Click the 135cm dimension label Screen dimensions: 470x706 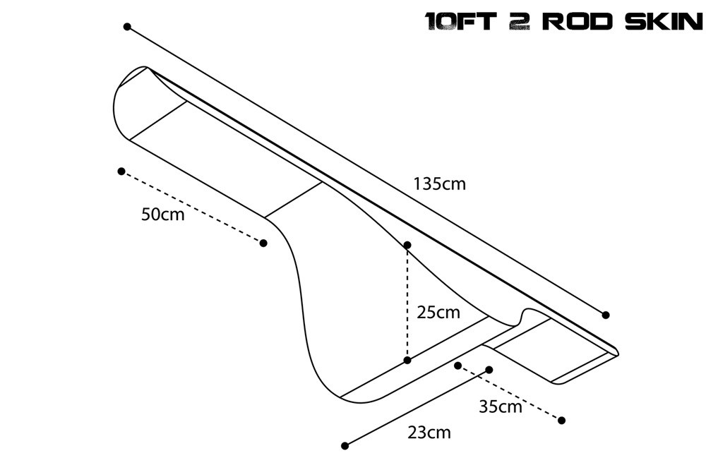pos(440,184)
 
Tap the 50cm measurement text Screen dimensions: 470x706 pos(162,215)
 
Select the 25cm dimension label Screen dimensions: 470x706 pos(438,312)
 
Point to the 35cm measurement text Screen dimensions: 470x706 pos(500,406)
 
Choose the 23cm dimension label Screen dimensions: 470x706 pos(429,432)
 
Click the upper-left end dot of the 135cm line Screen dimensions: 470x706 pos(127,27)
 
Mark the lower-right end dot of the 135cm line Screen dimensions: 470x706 pos(606,315)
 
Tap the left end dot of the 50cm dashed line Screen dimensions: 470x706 pos(121,171)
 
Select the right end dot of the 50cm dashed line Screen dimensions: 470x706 pos(263,243)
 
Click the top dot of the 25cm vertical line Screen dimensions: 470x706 pos(407,245)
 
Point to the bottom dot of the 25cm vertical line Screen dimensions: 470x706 pos(407,361)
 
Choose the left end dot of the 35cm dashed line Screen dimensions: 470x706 pos(458,366)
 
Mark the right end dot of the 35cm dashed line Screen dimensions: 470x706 pos(562,421)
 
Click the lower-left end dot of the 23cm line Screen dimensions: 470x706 pos(345,445)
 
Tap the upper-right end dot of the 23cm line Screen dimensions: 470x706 pos(489,369)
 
